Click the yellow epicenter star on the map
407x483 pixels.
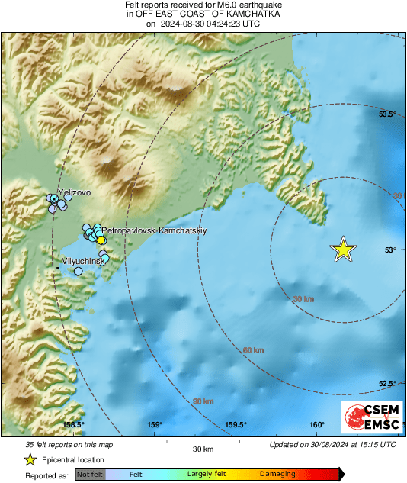pyautogui.click(x=344, y=250)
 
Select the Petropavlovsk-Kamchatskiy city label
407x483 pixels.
pyautogui.click(x=155, y=230)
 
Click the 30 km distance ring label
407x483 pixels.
pyautogui.click(x=303, y=299)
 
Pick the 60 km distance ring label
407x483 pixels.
pyautogui.click(x=253, y=350)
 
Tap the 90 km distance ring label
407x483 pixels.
pyautogui.click(x=203, y=401)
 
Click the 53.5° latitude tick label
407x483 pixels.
pyautogui.click(x=389, y=114)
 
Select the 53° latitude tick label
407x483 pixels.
pyautogui.click(x=389, y=250)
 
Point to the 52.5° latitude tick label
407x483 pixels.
pyautogui.click(x=389, y=384)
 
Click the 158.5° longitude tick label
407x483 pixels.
pyautogui.click(x=73, y=425)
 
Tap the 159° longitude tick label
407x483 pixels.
pyautogui.click(x=155, y=425)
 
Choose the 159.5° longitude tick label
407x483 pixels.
pyautogui.click(x=236, y=425)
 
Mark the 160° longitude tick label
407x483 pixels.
pyautogui.click(x=317, y=425)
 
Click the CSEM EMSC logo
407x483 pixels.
pyautogui.click(x=367, y=419)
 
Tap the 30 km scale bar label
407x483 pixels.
pyautogui.click(x=202, y=448)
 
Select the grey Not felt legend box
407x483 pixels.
pyautogui.click(x=91, y=475)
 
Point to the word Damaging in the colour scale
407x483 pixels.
pyautogui.click(x=278, y=475)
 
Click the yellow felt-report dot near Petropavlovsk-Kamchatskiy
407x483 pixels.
pyautogui.click(x=101, y=240)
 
